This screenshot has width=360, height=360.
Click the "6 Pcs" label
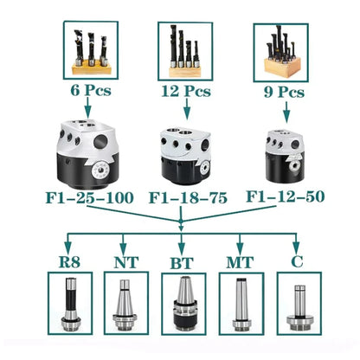pos(91,91)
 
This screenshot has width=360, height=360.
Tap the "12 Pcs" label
pos(186,91)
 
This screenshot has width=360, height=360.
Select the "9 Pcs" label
pos(284,93)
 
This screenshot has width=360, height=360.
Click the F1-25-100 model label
pos(90,197)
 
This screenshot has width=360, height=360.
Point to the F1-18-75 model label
pos(188,198)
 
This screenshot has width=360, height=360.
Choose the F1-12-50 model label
pos(286,196)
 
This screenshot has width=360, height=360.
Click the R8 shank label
pos(69,261)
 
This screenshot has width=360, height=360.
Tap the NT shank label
pos(126,262)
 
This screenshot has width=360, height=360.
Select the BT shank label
pos(182,263)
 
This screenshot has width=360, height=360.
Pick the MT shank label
pos(240,262)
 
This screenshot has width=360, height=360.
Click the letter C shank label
pos(297,261)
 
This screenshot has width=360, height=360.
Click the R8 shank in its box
pos(70,304)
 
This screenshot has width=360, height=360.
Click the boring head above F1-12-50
pos(285,156)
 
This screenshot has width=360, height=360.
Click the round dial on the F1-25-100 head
pos(100,171)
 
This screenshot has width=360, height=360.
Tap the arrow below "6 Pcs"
pos(87,107)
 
